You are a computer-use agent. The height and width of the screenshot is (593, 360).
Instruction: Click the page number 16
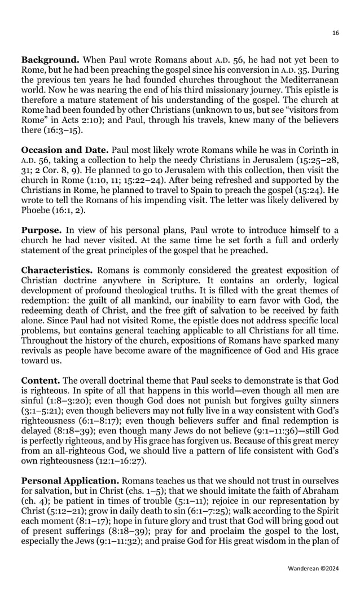336,33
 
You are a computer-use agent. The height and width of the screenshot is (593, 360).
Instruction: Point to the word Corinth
311,150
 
